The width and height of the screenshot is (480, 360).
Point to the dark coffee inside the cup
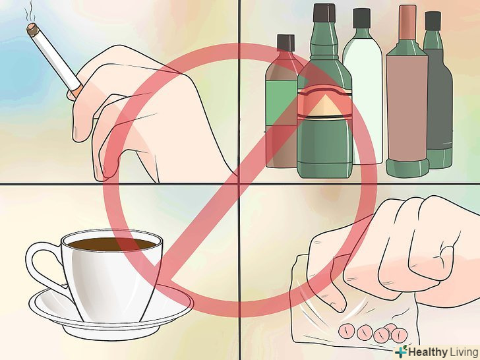[111, 244]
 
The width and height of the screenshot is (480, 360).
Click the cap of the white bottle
[362, 18]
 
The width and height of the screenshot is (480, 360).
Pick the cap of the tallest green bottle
[324, 13]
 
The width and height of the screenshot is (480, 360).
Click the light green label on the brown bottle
[281, 103]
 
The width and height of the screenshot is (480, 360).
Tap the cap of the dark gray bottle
[433, 21]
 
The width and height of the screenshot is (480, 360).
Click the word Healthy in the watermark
[428, 351]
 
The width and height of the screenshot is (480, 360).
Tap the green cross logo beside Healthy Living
[401, 351]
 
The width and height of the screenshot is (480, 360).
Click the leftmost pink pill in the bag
[347, 330]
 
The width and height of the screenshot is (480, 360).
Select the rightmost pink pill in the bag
[399, 334]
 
